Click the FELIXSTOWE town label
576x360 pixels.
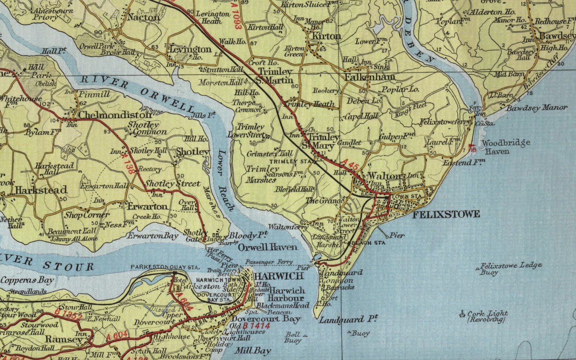click(x=446, y=215)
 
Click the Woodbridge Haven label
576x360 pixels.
click(x=505, y=147)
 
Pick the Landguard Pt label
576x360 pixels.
click(x=348, y=319)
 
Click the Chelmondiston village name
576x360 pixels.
click(x=115, y=115)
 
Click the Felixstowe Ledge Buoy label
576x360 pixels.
click(x=510, y=268)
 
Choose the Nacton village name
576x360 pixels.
click(x=143, y=17)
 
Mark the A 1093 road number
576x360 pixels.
click(x=235, y=22)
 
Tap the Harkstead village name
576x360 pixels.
click(x=41, y=190)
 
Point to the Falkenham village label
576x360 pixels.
click(x=370, y=77)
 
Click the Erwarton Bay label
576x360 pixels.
click(x=153, y=236)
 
